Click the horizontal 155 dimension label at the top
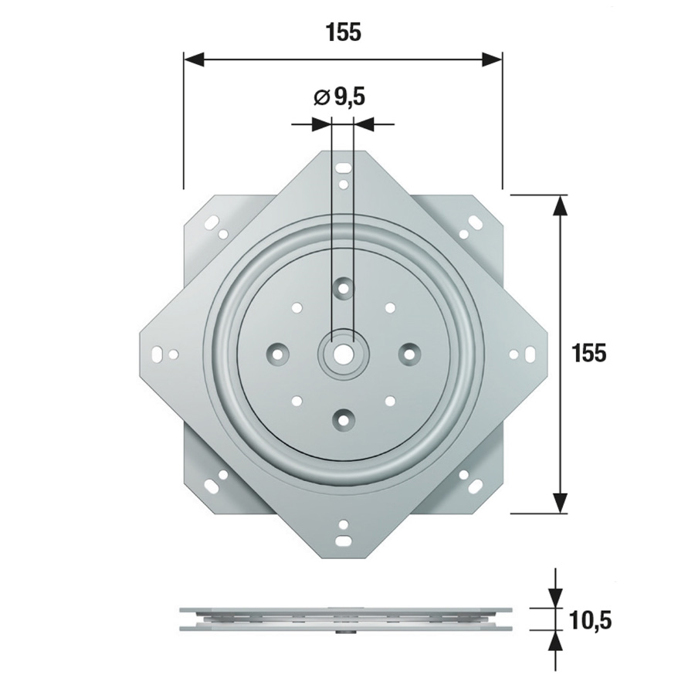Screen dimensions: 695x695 click(x=344, y=32)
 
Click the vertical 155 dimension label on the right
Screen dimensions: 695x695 click(x=588, y=354)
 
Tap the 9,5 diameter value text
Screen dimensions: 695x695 click(x=350, y=97)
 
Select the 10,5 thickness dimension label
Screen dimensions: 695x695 click(x=591, y=620)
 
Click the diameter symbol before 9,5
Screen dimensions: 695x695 click(x=321, y=97)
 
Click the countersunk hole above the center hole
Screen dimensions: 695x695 click(x=343, y=289)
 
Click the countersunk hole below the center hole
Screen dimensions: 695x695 click(x=343, y=419)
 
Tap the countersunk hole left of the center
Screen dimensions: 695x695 click(x=277, y=354)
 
